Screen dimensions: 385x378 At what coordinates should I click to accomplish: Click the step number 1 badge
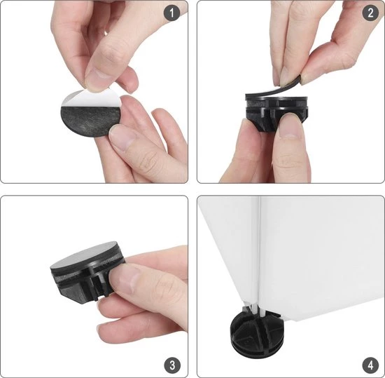[x=171, y=13]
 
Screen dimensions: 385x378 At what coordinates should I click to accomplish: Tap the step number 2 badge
[x=370, y=13]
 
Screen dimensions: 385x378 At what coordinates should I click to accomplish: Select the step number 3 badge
[x=172, y=365]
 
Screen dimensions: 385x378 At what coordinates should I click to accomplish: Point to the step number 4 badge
[x=370, y=365]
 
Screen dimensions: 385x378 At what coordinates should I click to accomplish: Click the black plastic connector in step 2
[x=276, y=113]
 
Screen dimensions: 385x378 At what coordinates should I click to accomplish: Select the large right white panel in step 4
[x=319, y=256]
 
